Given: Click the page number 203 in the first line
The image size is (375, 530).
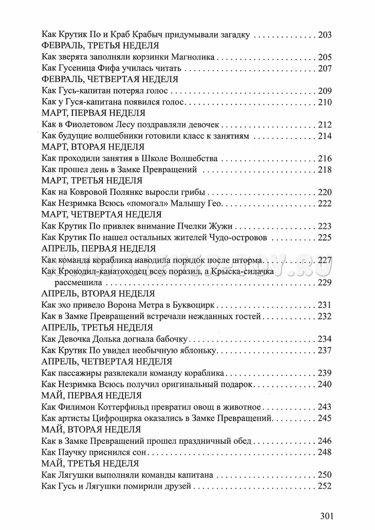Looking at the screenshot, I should tap(324, 35).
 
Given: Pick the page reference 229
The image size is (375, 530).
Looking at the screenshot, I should tap(324, 282).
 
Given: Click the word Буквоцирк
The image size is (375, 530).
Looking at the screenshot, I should tap(197, 305).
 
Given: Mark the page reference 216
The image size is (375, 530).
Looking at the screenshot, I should tap(324, 158).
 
